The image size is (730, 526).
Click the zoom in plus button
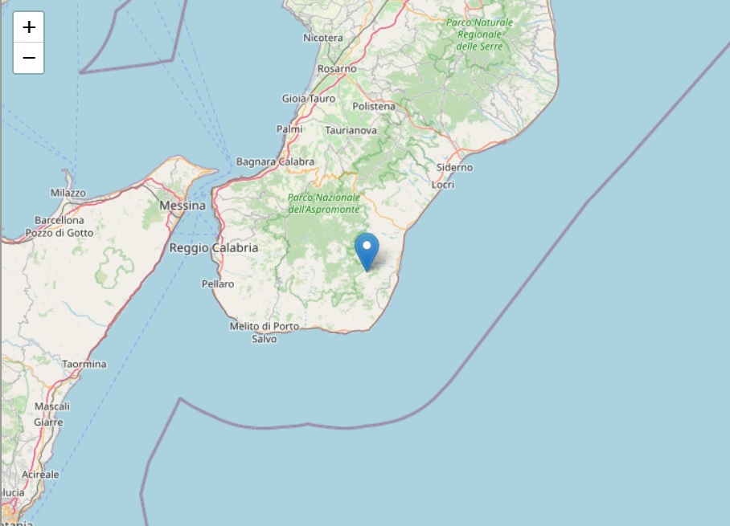coord(29,27)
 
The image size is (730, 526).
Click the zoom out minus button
coord(29,58)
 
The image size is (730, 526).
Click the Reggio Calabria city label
coord(214,248)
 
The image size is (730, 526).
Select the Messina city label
coord(182,206)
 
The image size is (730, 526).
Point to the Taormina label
coord(84,364)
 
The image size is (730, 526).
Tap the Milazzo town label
coord(68,193)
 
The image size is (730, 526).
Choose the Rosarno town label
coord(337,69)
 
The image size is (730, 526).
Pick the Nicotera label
coord(323,38)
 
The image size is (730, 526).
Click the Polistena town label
coord(374,106)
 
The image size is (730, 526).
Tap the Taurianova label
coord(351,129)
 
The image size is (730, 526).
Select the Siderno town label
coord(454,167)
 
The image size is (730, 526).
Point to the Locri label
coord(443,185)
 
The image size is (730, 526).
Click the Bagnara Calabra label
coord(275,161)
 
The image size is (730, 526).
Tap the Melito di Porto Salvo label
coord(265,332)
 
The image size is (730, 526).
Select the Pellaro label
coord(217,283)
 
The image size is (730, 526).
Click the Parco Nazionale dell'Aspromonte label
coord(324,203)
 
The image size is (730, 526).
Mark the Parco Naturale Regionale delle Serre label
coord(479,35)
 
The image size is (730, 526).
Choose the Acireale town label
coord(41,474)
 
